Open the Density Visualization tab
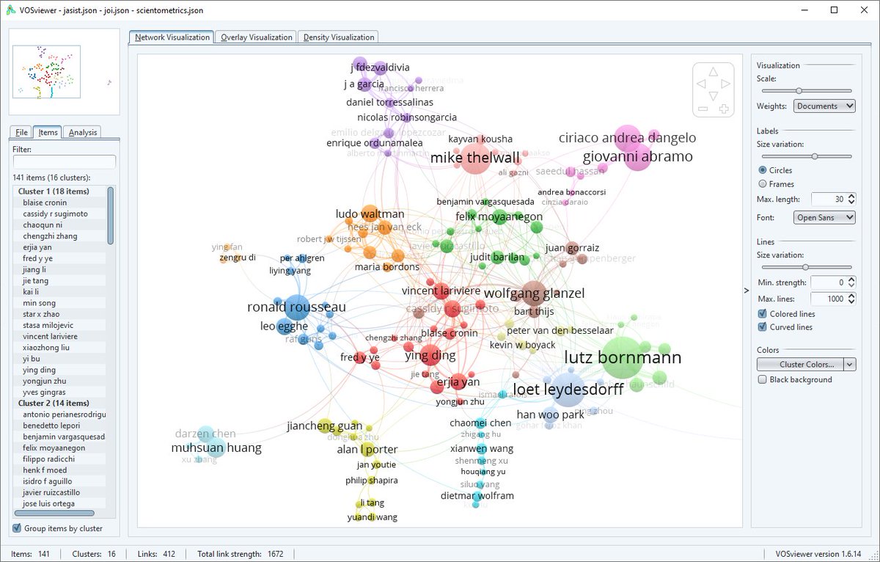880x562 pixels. pyautogui.click(x=338, y=37)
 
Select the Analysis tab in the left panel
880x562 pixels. pyautogui.click(x=82, y=133)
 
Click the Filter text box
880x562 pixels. pyautogui.click(x=65, y=161)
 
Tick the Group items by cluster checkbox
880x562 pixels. pyautogui.click(x=18, y=528)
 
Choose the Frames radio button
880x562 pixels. pyautogui.click(x=763, y=184)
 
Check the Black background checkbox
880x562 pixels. pyautogui.click(x=763, y=380)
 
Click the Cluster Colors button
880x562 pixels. pyautogui.click(x=800, y=364)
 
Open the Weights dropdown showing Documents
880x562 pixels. pyautogui.click(x=824, y=106)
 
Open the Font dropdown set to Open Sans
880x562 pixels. pyautogui.click(x=824, y=218)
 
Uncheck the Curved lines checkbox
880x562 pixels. pyautogui.click(x=763, y=327)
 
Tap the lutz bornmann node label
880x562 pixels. pyautogui.click(x=623, y=358)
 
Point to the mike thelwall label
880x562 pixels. pyautogui.click(x=474, y=158)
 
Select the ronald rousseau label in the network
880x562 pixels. pyautogui.click(x=296, y=307)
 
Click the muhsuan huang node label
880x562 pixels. pyautogui.click(x=216, y=448)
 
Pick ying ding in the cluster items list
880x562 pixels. pyautogui.click(x=39, y=370)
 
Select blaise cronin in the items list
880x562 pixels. pyautogui.click(x=45, y=202)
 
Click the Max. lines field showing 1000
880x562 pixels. pyautogui.click(x=827, y=299)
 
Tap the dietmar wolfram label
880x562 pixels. pyautogui.click(x=477, y=495)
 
